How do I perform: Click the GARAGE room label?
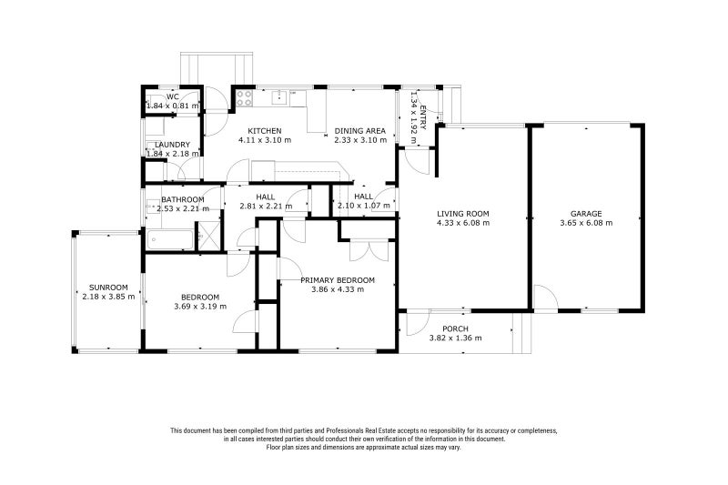pos(586,214)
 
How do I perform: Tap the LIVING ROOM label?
pos(463,214)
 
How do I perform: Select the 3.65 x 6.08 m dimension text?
pos(586,223)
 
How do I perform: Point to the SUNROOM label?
pos(108,288)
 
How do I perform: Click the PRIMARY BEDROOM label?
pos(338,280)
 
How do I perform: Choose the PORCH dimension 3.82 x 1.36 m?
pos(455,338)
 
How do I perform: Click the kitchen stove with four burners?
pos(244,97)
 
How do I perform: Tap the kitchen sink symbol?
pos(280,97)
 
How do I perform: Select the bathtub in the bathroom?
pos(169,240)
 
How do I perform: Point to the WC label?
pos(173,97)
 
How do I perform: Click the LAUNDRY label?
pos(172,145)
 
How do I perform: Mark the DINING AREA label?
pos(360,131)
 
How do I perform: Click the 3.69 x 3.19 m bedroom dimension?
pos(200,307)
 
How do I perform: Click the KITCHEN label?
pos(265,131)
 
